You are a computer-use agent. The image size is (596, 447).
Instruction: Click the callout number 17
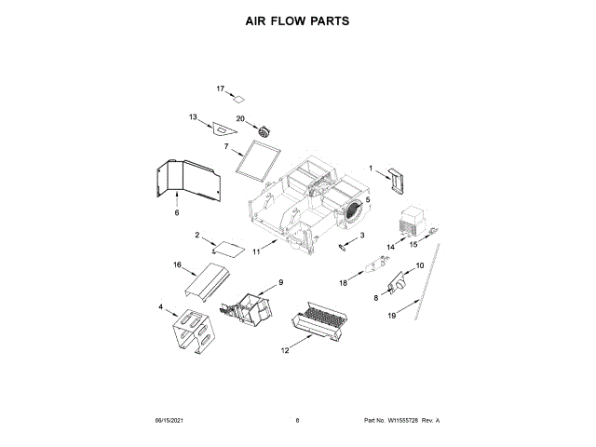pos(221,88)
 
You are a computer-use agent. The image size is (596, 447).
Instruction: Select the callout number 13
pos(193,117)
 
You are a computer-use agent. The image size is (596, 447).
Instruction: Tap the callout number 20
pos(239,118)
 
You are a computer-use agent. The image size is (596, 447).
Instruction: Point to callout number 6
pos(176,212)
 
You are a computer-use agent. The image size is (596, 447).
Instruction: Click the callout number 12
pos(286,350)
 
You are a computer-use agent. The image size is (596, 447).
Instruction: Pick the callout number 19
pos(392,316)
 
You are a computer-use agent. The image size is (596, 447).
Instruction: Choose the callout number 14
pos(391,247)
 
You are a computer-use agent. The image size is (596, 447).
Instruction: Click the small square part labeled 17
pos(238,98)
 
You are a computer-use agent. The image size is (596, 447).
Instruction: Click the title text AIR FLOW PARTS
pos(297,20)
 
